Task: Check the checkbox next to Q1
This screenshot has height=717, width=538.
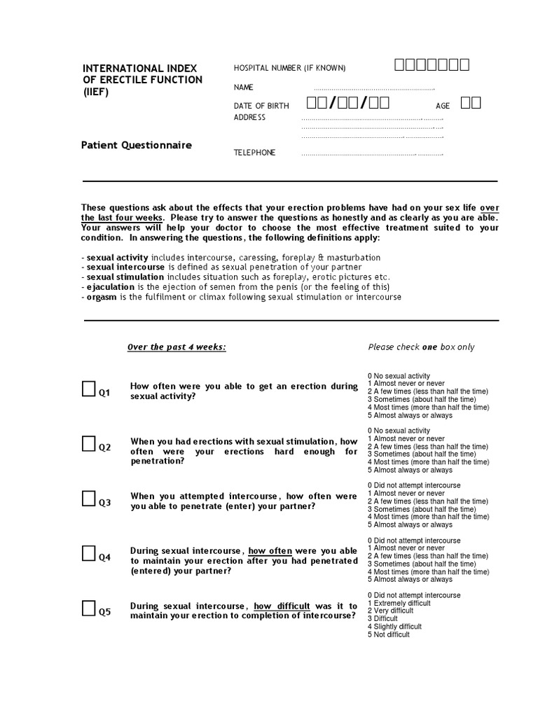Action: [89, 389]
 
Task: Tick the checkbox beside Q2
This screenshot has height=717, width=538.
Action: [89, 443]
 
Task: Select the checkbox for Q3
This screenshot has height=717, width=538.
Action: [89, 498]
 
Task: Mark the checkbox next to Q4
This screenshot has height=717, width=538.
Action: [89, 553]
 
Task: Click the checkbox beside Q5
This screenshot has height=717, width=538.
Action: [89, 608]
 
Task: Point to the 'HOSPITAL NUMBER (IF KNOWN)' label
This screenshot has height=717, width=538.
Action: [289, 68]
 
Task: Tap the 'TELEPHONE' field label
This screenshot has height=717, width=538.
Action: [254, 153]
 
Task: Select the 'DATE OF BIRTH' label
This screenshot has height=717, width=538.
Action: [261, 106]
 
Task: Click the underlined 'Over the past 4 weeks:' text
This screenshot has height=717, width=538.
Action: [177, 347]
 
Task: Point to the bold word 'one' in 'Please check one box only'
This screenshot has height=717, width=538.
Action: [429, 347]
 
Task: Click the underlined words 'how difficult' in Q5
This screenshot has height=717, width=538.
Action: [282, 606]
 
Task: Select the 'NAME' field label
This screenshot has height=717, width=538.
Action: [244, 88]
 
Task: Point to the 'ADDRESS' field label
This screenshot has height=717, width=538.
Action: [249, 117]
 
